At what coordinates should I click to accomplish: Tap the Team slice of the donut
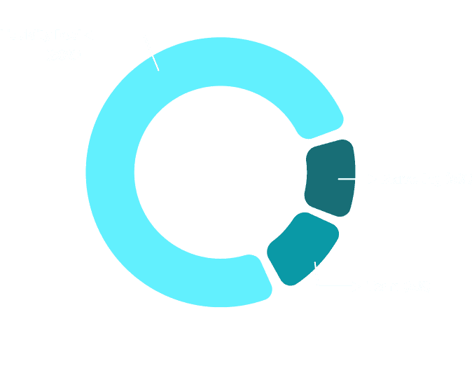click(303, 248)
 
